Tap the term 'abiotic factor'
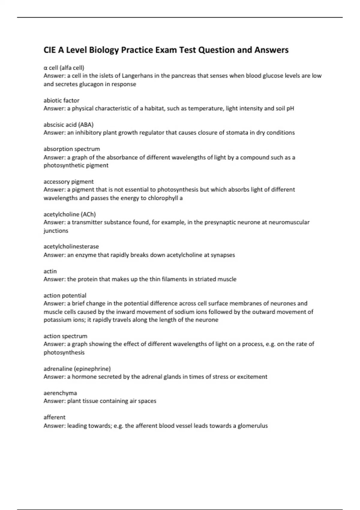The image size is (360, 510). click(x=61, y=100)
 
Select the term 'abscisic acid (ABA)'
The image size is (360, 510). click(x=69, y=124)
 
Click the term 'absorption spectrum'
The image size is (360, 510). click(x=72, y=149)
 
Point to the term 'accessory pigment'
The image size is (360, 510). click(x=69, y=181)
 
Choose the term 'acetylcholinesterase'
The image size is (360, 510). click(x=71, y=246)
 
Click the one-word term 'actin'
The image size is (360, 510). click(x=50, y=271)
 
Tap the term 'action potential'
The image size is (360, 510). click(x=65, y=295)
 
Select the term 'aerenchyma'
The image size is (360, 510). click(x=60, y=393)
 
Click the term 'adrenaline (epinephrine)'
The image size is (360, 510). click(x=77, y=368)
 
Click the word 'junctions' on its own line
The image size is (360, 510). click(x=56, y=230)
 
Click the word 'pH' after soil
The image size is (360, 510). click(x=290, y=108)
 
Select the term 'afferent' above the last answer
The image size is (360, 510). click(x=54, y=417)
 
